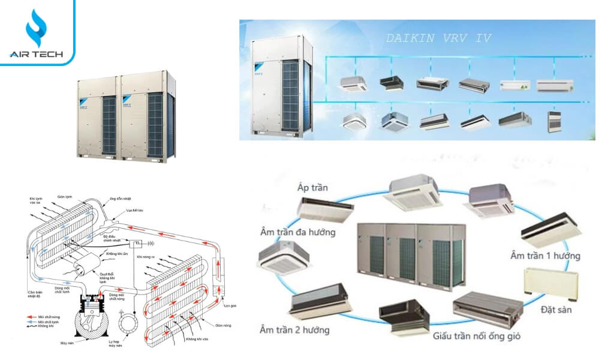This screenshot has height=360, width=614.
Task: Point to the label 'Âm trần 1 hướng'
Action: (x=544, y=256)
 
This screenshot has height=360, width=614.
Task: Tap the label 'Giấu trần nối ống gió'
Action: (x=477, y=335)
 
